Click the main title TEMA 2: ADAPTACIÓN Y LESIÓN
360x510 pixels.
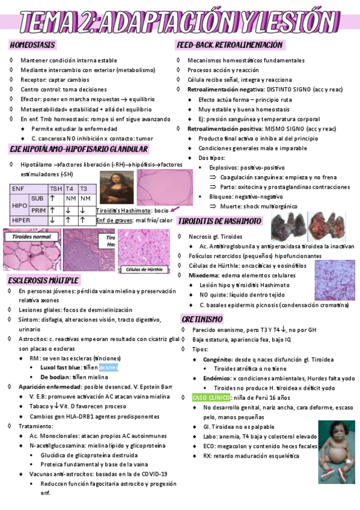[180, 22]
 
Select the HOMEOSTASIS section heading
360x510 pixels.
[33, 45]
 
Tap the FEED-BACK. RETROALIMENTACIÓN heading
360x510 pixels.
[229, 45]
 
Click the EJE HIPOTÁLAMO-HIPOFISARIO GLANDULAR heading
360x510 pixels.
[79, 149]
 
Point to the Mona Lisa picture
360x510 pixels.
[112, 186]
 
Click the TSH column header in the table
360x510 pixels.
[56, 188]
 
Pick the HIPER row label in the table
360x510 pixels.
[21, 220]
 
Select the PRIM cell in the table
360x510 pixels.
[37, 210]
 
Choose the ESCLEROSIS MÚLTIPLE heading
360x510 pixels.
[43, 281]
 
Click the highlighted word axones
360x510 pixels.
[109, 367]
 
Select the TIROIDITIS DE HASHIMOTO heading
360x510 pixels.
[219, 221]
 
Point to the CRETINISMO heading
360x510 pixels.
[202, 319]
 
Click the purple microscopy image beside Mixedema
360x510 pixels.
[335, 280]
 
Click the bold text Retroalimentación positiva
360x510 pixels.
[223, 129]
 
